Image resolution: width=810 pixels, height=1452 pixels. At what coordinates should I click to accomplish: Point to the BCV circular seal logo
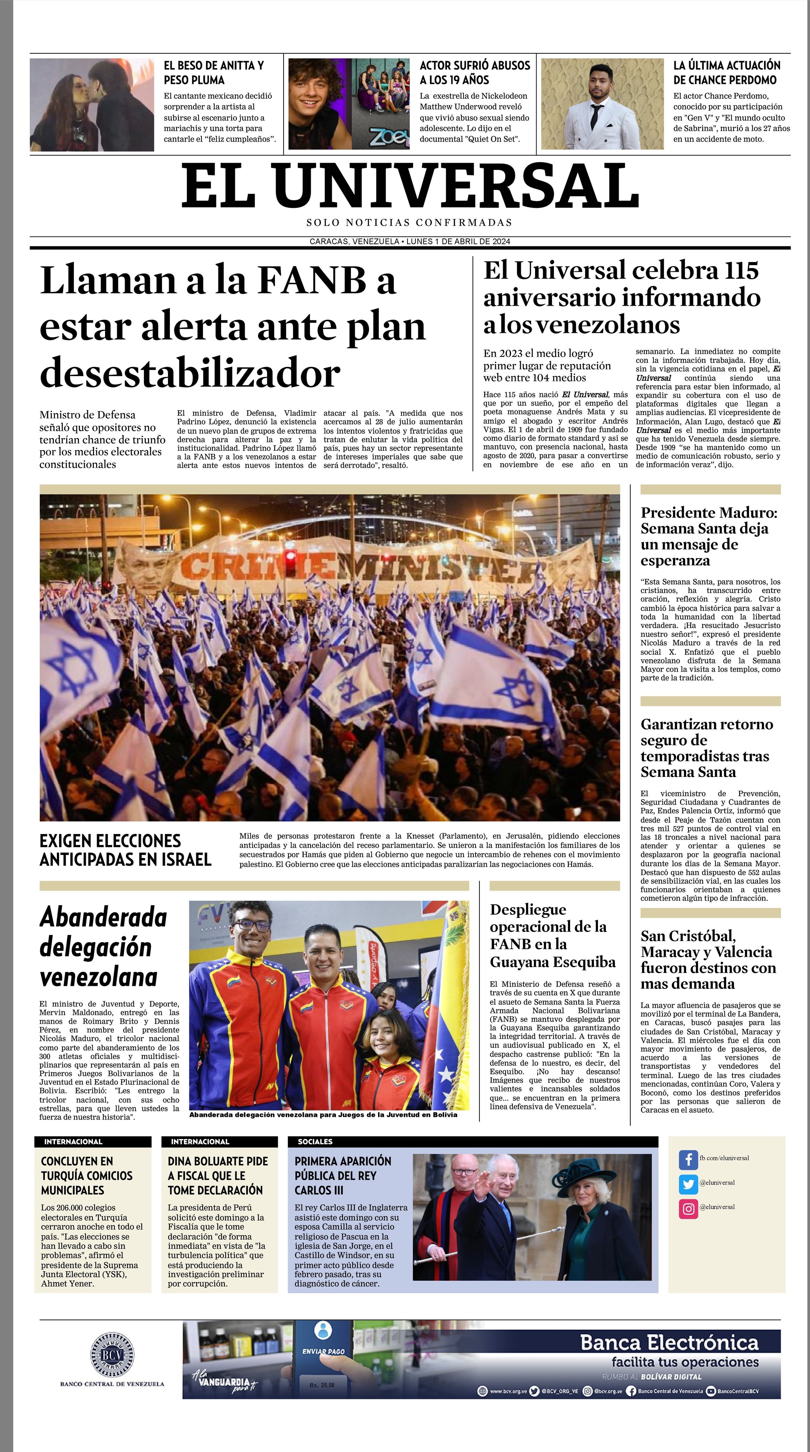point(112,1355)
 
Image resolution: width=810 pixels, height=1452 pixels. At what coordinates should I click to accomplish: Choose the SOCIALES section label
point(315,1141)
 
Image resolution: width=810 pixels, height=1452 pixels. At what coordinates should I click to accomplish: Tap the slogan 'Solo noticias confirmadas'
point(409,223)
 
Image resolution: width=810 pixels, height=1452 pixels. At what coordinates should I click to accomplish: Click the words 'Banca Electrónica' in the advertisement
point(669,1343)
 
